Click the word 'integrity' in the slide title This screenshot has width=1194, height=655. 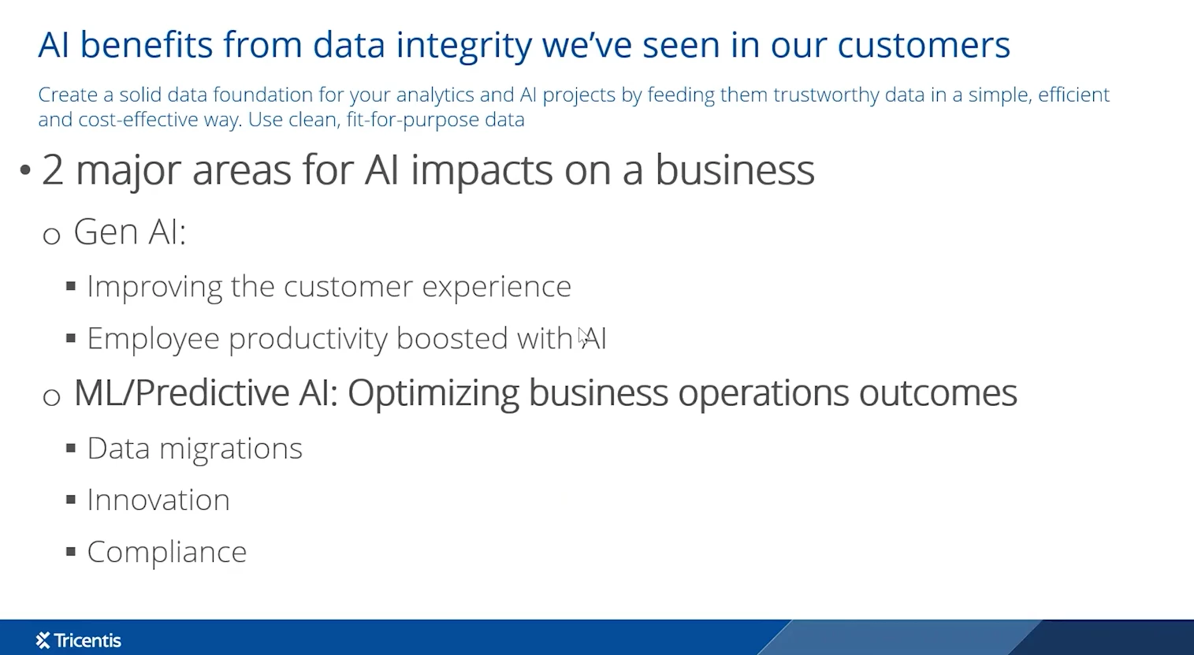463,47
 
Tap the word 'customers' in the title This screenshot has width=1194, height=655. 923,45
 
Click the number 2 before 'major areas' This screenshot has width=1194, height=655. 52,170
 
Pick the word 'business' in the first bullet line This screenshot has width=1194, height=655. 734,170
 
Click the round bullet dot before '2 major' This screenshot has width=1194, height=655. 25,170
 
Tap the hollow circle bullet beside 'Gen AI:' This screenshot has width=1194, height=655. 51,235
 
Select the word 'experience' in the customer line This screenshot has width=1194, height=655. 497,287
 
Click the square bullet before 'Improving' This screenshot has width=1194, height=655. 71,286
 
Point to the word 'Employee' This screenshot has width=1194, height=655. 153,340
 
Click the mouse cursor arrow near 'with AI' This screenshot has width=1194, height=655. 583,337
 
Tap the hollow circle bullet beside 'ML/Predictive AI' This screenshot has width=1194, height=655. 51,396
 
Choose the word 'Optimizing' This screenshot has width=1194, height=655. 433,394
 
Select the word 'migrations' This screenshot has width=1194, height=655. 231,448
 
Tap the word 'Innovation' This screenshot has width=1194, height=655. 158,500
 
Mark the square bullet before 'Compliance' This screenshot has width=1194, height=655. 71,551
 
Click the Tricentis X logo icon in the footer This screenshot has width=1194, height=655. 43,640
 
